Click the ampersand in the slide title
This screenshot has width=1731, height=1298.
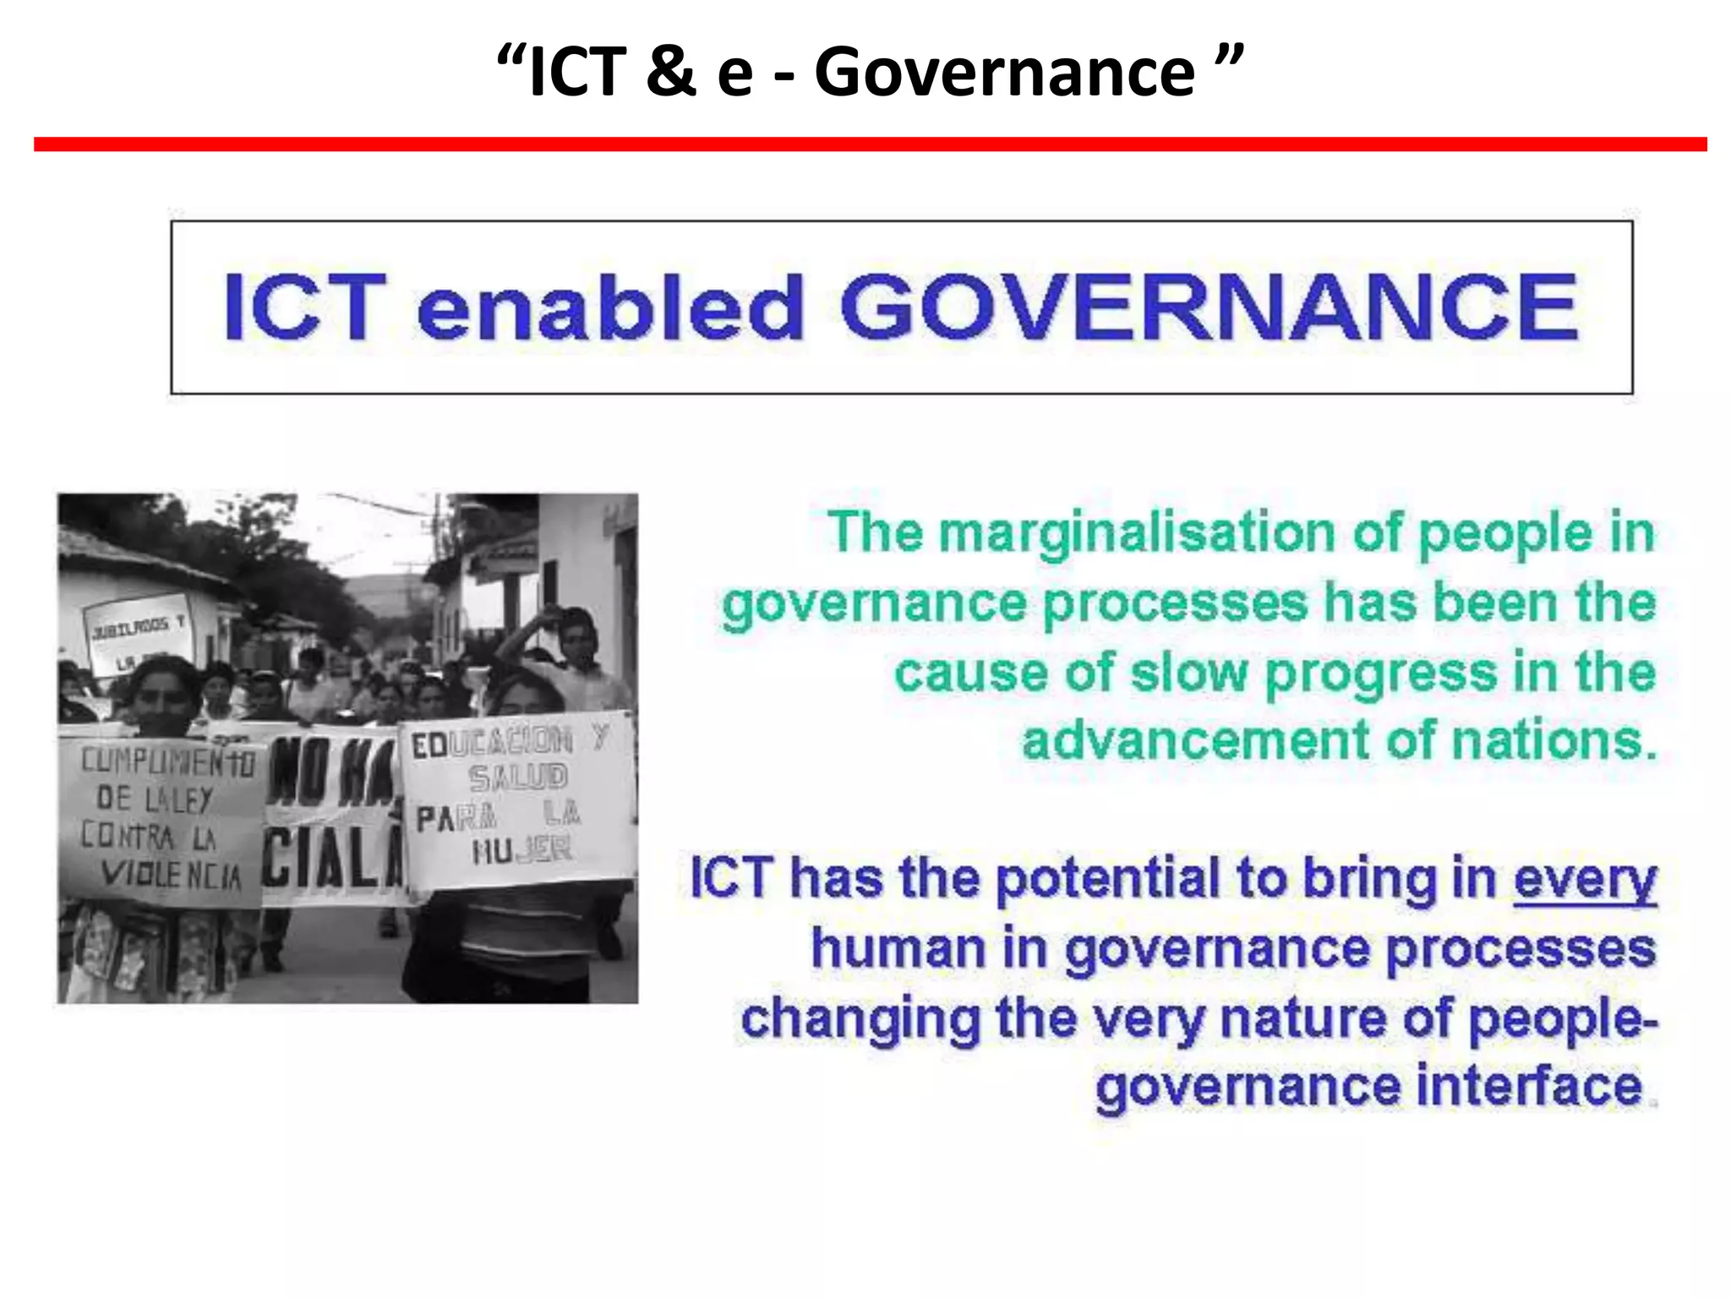point(670,72)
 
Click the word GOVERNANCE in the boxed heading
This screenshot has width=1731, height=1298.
point(1209,308)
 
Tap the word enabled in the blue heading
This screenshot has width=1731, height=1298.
point(609,308)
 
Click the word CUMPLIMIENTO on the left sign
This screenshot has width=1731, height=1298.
point(167,761)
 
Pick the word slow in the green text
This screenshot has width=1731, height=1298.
point(1188,674)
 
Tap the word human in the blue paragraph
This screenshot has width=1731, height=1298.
point(898,949)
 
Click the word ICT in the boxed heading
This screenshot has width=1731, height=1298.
point(304,308)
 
